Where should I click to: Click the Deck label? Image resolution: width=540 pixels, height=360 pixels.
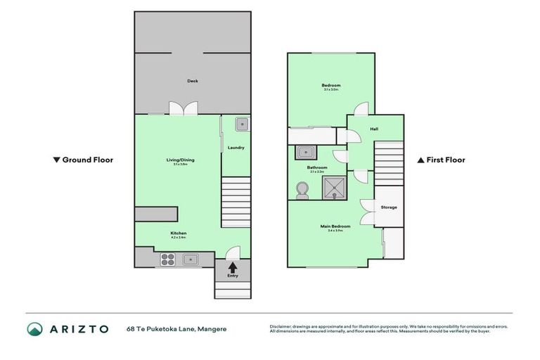[x=192, y=81]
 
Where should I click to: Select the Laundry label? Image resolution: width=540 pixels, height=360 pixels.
[x=236, y=147]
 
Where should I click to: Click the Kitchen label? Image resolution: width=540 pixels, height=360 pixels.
[x=178, y=233]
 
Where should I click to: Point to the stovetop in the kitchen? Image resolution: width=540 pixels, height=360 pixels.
[x=168, y=259]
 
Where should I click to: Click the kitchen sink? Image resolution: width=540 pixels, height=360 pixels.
[x=191, y=259]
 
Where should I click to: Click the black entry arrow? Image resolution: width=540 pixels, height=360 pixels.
[x=232, y=267]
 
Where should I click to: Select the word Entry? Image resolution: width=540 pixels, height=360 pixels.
[x=232, y=276]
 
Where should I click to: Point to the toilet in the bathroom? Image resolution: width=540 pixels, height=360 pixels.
[x=303, y=190]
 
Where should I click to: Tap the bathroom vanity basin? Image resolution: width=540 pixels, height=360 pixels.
[x=305, y=151]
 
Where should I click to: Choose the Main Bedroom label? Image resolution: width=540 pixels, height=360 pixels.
[x=336, y=226]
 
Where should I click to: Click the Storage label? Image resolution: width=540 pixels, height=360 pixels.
[x=389, y=207]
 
